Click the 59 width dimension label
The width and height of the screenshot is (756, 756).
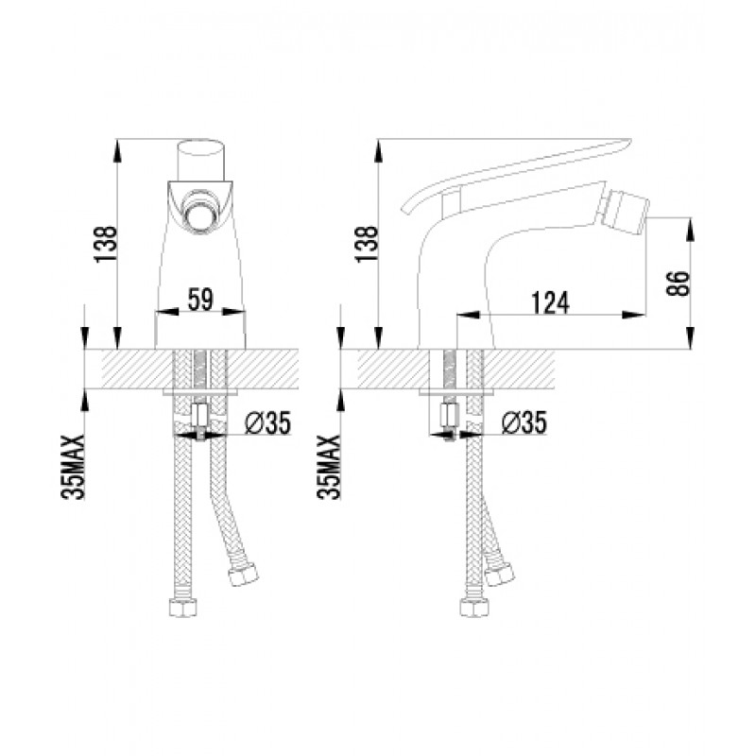coord(200,300)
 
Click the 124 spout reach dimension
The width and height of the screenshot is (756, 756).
coord(550,302)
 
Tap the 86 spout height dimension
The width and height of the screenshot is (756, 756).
coord(678,283)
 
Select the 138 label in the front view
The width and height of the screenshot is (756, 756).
coord(106,244)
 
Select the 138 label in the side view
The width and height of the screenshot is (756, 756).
coord(367,244)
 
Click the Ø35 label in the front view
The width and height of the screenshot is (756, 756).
coord(268,422)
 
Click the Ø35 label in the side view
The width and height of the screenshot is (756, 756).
coord(524,422)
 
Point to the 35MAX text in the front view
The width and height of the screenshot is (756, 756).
coord(73,467)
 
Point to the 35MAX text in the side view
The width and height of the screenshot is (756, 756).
coord(329,467)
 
